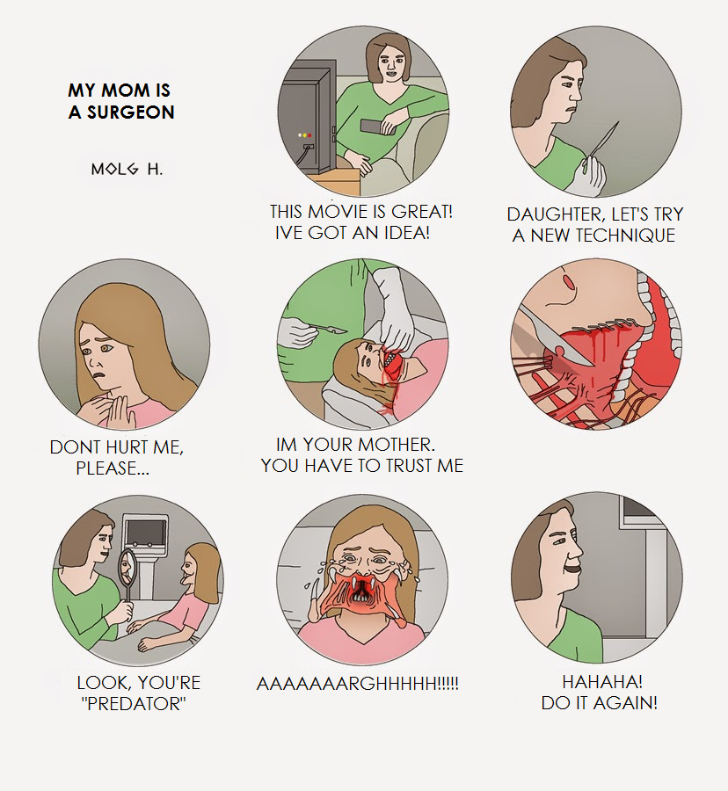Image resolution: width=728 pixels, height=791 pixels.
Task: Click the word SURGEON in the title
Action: point(131,112)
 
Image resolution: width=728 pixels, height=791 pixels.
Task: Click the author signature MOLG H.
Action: point(127,169)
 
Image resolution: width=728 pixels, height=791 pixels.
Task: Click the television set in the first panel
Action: point(307,119)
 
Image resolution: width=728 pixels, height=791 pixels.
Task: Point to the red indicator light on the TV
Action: point(309,135)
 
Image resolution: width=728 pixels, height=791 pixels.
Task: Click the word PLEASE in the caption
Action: point(106,468)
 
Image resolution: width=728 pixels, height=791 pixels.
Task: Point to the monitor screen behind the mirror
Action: point(145,532)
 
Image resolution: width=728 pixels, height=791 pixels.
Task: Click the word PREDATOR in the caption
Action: point(134,704)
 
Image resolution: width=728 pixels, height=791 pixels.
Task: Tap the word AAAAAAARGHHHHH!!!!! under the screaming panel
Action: point(358,684)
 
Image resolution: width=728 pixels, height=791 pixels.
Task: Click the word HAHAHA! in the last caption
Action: point(602,682)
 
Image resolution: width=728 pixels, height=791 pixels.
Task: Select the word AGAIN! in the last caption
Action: point(626,703)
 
